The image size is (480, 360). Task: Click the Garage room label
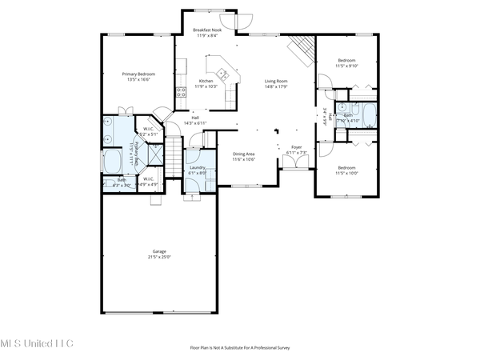point(159,252)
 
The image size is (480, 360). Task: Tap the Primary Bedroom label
point(138,74)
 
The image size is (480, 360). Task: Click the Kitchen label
point(206,81)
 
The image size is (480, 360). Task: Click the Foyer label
point(295,147)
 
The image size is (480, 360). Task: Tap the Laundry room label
point(197,167)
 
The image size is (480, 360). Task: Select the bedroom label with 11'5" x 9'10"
point(346,61)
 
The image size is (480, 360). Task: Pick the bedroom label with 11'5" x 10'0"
point(346,167)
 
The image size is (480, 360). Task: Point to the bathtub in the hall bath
point(369,113)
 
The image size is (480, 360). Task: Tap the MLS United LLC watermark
point(36,343)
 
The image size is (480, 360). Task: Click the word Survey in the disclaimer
point(280,348)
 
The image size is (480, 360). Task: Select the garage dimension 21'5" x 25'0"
point(159,258)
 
